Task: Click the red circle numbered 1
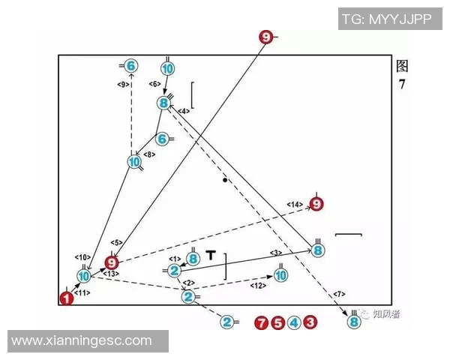[67, 298]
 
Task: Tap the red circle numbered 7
[261, 322]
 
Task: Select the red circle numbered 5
[277, 322]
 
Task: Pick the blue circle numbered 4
[294, 322]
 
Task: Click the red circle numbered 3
[310, 322]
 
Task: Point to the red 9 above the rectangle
[266, 37]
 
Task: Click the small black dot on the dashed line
[225, 180]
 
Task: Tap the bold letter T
[211, 255]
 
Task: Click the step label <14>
[295, 205]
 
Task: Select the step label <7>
[339, 294]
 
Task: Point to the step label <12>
[258, 286]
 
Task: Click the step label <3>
[276, 253]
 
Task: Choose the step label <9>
[123, 85]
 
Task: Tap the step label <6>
[154, 84]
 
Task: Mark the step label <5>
[116, 242]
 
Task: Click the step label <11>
[82, 292]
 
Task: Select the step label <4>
[184, 111]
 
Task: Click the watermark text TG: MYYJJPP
[387, 19]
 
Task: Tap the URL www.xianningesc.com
[82, 340]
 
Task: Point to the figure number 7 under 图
[402, 84]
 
